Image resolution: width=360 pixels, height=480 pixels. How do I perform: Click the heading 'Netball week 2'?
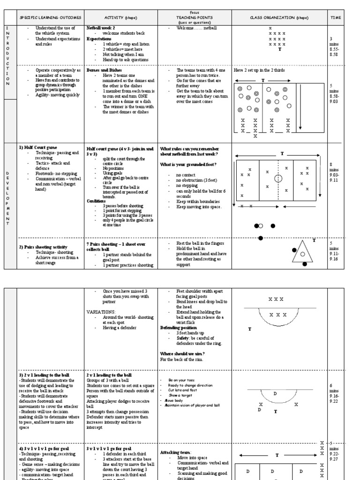click(101, 28)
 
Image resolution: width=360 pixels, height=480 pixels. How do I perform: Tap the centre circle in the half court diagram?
click(278, 178)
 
